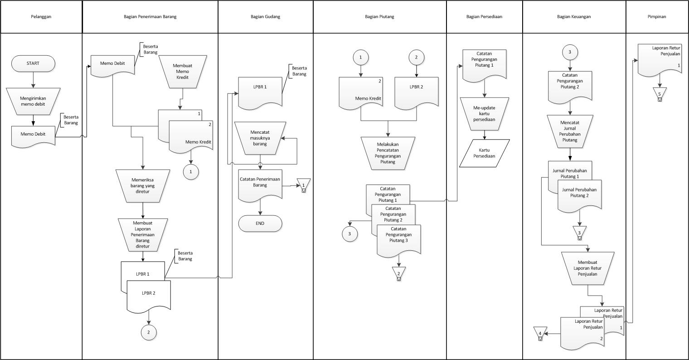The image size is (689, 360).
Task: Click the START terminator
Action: click(33, 63)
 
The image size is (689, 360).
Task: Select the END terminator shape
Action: click(260, 224)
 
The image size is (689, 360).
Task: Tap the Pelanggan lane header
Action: click(41, 17)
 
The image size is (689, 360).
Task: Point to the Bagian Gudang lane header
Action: click(265, 17)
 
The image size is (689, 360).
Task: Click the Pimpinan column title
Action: click(657, 17)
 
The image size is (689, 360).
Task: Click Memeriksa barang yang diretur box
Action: click(143, 185)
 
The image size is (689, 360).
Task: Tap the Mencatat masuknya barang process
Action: click(260, 137)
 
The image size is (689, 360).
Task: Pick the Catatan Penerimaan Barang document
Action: click(260, 183)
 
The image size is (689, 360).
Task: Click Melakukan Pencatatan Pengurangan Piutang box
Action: click(388, 153)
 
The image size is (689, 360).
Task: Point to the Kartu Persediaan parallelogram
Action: click(484, 153)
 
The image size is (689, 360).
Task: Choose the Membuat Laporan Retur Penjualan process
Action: click(587, 268)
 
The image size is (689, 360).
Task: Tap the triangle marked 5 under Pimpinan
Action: click(660, 93)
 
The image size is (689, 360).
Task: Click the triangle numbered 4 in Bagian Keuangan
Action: click(540, 333)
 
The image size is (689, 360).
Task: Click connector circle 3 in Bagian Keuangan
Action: click(570, 52)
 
